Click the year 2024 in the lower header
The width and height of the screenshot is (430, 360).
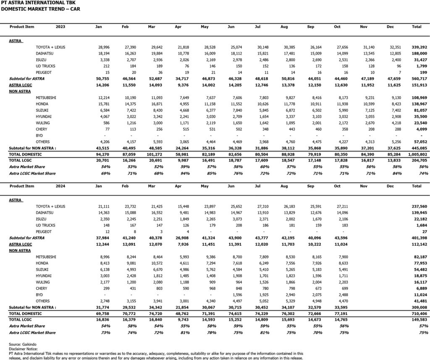(x=60, y=186)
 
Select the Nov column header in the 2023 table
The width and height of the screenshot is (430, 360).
(x=364, y=26)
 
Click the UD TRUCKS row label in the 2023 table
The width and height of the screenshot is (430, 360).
(x=46, y=66)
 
